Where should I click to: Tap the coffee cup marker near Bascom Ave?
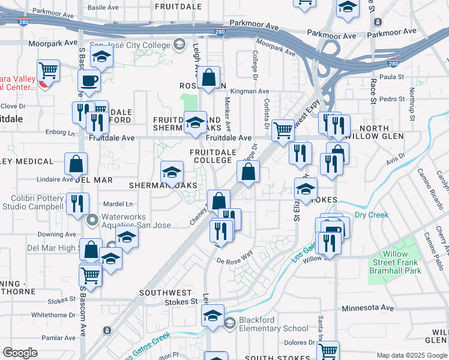[x=90, y=80]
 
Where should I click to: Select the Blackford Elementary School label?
[x=274, y=324]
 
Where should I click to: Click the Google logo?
[x=20, y=353]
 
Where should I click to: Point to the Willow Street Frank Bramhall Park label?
[x=395, y=262]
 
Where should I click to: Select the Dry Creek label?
[x=372, y=215]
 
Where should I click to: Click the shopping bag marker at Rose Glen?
[x=208, y=78]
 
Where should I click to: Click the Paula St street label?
[x=392, y=77]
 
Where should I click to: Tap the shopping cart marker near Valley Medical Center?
[x=48, y=71]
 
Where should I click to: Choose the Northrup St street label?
[x=412, y=102]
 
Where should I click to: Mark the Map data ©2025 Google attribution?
[x=411, y=355]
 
